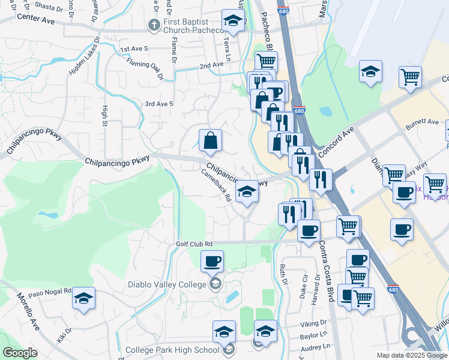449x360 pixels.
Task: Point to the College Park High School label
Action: pyautogui.click(x=172, y=350)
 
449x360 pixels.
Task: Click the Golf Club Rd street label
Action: pyautogui.click(x=194, y=244)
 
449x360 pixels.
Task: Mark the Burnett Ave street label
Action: pyautogui.click(x=422, y=122)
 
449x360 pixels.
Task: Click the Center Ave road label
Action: pyautogui.click(x=35, y=19)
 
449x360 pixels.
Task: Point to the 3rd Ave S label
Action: pyautogui.click(x=158, y=104)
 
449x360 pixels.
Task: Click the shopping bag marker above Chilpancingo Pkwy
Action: pyautogui.click(x=211, y=141)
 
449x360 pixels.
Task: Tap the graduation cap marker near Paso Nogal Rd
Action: pyautogui.click(x=84, y=298)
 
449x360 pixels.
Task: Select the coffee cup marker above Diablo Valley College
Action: pyautogui.click(x=212, y=262)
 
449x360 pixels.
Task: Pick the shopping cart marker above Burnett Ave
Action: pyautogui.click(x=410, y=77)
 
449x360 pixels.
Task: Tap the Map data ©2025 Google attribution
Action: pyautogui.click(x=411, y=355)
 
